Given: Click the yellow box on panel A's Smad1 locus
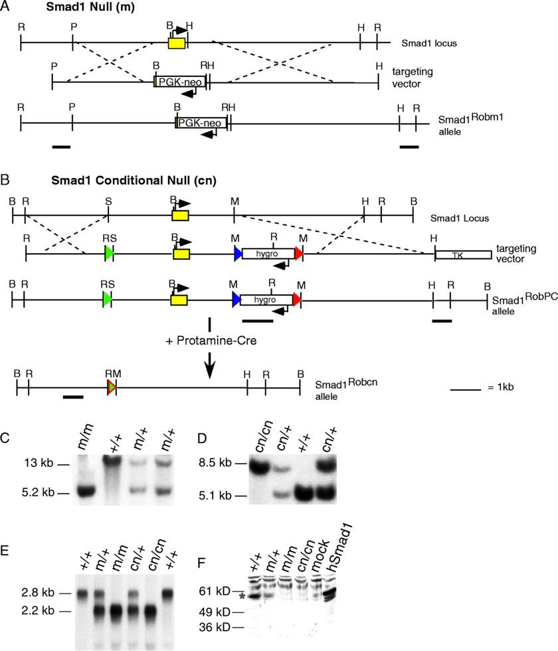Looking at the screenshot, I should (x=177, y=43).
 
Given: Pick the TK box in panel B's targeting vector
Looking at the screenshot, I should (x=463, y=254).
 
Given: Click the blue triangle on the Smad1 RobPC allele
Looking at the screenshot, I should (x=237, y=300).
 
